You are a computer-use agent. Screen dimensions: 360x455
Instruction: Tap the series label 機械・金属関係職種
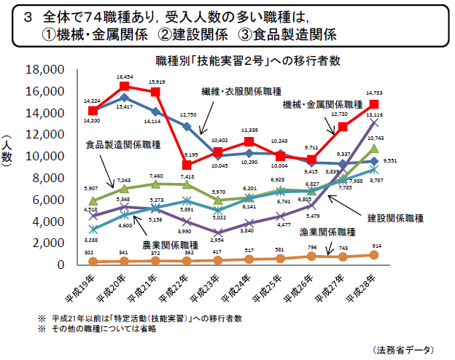click(323, 106)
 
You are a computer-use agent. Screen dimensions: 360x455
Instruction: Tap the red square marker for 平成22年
click(187, 165)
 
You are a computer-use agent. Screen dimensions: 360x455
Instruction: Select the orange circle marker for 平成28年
click(374, 255)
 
